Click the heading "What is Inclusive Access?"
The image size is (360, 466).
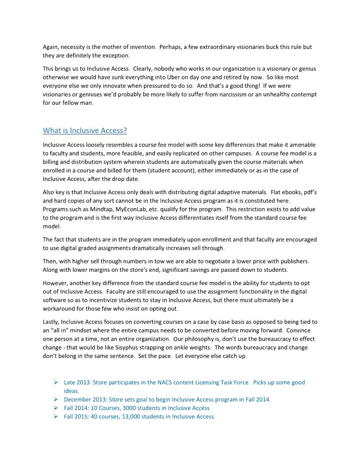[x=85, y=131]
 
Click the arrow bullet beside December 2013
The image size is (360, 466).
[x=56, y=399]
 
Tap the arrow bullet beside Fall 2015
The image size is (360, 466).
[x=56, y=417]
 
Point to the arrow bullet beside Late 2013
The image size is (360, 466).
[x=56, y=383]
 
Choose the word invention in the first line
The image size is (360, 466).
[x=142, y=47]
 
